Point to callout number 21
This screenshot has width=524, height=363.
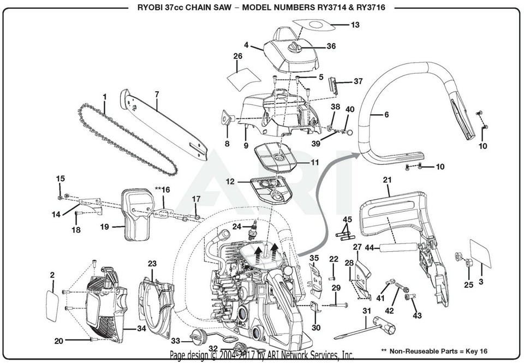388,180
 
